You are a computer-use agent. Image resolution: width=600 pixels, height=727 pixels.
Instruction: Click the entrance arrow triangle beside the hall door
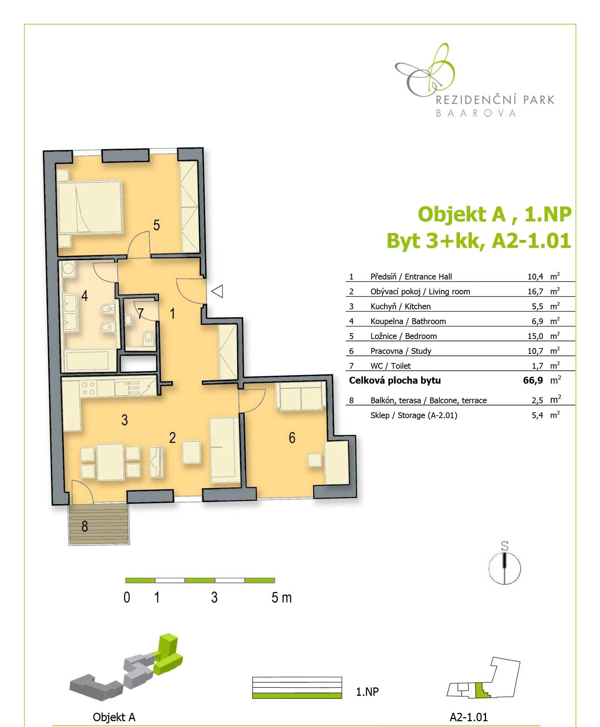pos(217,291)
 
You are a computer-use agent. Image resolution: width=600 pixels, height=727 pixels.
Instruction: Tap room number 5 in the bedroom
pos(156,225)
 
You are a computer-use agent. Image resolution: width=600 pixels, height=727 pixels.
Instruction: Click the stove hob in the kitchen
pos(88,388)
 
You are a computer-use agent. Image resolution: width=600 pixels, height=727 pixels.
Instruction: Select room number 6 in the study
pos(292,438)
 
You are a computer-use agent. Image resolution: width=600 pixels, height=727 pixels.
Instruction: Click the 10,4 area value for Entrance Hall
pos(535,277)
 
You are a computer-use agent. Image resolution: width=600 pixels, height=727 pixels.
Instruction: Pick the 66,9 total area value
pos(533,380)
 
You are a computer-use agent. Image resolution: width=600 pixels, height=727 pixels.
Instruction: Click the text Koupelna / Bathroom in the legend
pos(408,321)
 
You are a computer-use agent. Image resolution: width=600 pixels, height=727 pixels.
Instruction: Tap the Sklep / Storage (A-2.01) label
pos(414,415)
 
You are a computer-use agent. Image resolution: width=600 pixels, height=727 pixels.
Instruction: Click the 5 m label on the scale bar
pos(281,597)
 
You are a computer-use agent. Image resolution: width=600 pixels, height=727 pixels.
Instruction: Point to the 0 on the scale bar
pos(127,597)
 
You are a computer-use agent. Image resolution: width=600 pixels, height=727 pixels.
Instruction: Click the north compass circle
pos(505,568)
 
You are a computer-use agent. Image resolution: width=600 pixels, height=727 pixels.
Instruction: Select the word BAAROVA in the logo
pos(475,113)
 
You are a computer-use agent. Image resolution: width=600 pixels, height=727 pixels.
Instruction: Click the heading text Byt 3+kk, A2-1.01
pos(479,241)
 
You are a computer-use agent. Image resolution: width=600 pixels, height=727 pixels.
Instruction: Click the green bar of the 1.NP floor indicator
pos(297,695)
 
